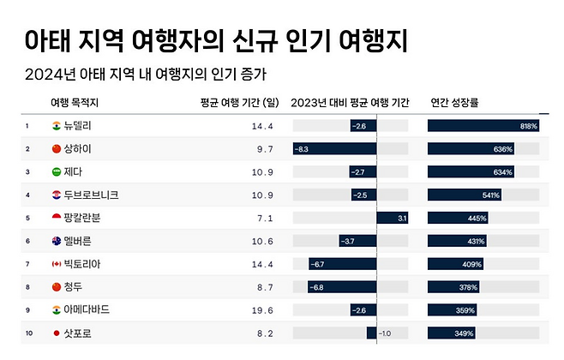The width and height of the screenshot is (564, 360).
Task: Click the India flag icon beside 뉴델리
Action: [x=57, y=127]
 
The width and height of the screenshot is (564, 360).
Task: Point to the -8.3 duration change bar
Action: [x=334, y=149]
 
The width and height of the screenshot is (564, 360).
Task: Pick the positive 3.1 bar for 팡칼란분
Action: [x=393, y=218]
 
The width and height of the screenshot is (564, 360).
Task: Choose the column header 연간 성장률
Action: [x=454, y=102]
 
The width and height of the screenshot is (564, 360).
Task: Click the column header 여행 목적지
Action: [x=75, y=102]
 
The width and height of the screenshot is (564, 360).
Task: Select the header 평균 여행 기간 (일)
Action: [x=239, y=102]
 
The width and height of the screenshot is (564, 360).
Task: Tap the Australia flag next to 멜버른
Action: [x=57, y=241]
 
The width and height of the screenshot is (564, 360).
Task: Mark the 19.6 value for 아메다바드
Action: [x=261, y=309]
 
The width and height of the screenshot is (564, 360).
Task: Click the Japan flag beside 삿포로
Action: [x=57, y=333]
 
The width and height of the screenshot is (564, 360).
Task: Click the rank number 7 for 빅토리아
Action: [x=27, y=264]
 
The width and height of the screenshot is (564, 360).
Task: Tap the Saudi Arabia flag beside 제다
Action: [x=57, y=172]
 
